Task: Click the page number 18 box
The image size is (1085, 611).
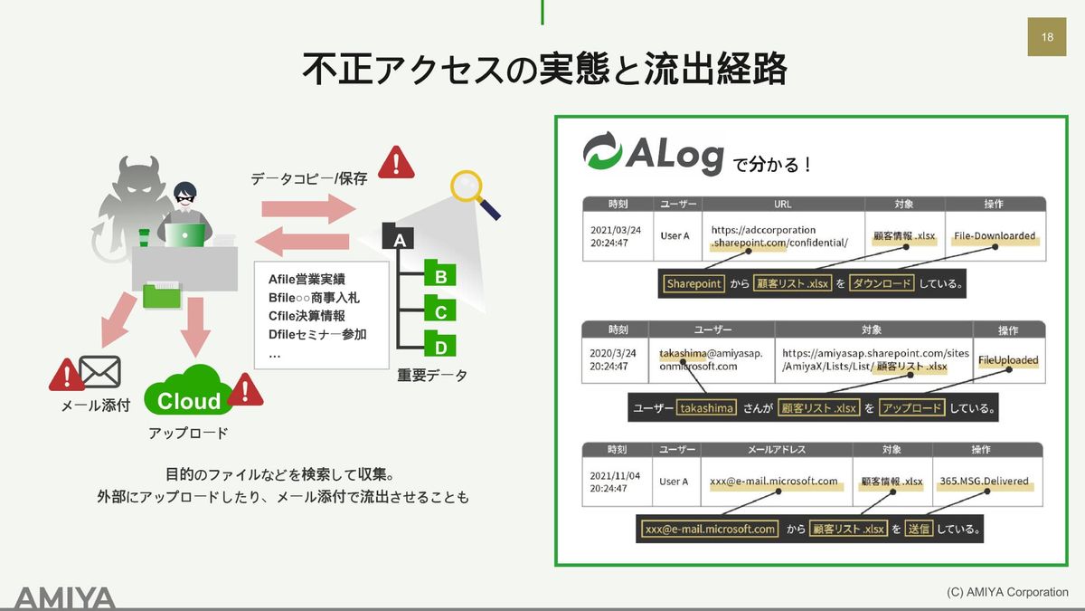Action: point(1047,37)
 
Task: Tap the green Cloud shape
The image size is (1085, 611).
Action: point(190,391)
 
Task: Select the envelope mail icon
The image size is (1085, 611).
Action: point(99,372)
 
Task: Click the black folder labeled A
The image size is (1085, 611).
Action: point(398,236)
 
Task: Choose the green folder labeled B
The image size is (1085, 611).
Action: point(440,272)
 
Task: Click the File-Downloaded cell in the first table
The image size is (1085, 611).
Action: point(995,236)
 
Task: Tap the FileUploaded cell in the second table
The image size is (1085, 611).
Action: point(1008,360)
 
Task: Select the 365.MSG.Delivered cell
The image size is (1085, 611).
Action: point(985,482)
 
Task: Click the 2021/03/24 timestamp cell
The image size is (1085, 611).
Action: point(616,236)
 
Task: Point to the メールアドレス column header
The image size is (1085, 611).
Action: point(777,450)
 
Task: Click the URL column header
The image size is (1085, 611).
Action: point(783,205)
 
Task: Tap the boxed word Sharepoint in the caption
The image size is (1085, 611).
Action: point(693,283)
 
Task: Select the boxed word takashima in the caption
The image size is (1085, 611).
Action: point(706,408)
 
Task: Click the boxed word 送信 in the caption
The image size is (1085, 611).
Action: point(919,529)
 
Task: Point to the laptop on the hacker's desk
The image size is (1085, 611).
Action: point(185,234)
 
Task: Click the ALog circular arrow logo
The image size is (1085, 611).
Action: point(602,151)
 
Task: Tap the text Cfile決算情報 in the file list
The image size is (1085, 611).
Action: point(307,316)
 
